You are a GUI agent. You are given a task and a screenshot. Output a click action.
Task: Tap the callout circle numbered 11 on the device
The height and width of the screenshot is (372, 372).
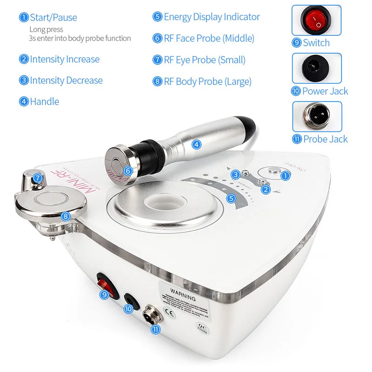coord(155,329)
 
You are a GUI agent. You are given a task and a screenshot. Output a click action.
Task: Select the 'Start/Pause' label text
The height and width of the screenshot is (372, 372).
coord(53,18)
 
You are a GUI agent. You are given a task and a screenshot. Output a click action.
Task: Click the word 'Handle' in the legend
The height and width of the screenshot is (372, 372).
coord(45,101)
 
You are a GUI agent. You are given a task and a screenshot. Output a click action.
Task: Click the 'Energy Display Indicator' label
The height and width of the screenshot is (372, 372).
coord(212,17)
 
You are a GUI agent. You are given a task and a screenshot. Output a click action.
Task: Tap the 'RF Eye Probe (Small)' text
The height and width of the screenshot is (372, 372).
coord(205,60)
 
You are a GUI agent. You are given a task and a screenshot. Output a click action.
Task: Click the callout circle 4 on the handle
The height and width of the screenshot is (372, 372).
coord(197,144)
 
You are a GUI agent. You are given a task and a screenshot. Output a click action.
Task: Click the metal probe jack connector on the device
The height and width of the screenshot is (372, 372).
coord(152,315)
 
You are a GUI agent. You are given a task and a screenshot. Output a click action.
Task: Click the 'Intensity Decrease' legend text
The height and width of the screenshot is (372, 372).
coord(66,80)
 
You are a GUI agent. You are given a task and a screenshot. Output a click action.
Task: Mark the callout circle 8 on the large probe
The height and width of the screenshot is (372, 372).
coord(66,216)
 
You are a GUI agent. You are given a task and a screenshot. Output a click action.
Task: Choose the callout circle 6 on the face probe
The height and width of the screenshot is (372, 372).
coord(128,171)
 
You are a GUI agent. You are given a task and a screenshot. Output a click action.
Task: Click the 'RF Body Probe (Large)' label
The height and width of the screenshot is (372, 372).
coord(207,81)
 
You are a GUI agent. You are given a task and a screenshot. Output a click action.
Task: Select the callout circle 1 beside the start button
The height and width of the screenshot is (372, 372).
coord(286,175)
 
